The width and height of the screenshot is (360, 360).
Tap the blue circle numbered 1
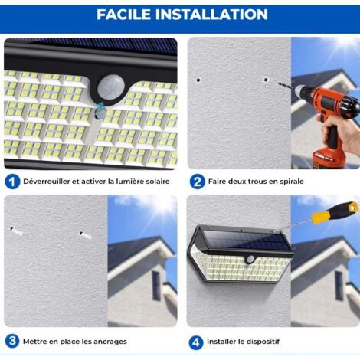click(x=11, y=182)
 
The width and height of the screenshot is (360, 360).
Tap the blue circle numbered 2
click(x=197, y=182)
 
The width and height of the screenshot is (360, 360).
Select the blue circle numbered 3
click(x=11, y=340)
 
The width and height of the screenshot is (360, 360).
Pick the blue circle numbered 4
click(x=197, y=340)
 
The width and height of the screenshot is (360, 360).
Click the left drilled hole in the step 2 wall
click(x=198, y=78)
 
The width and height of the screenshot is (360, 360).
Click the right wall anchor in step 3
click(x=84, y=234)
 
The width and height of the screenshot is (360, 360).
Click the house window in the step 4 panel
click(x=339, y=284)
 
